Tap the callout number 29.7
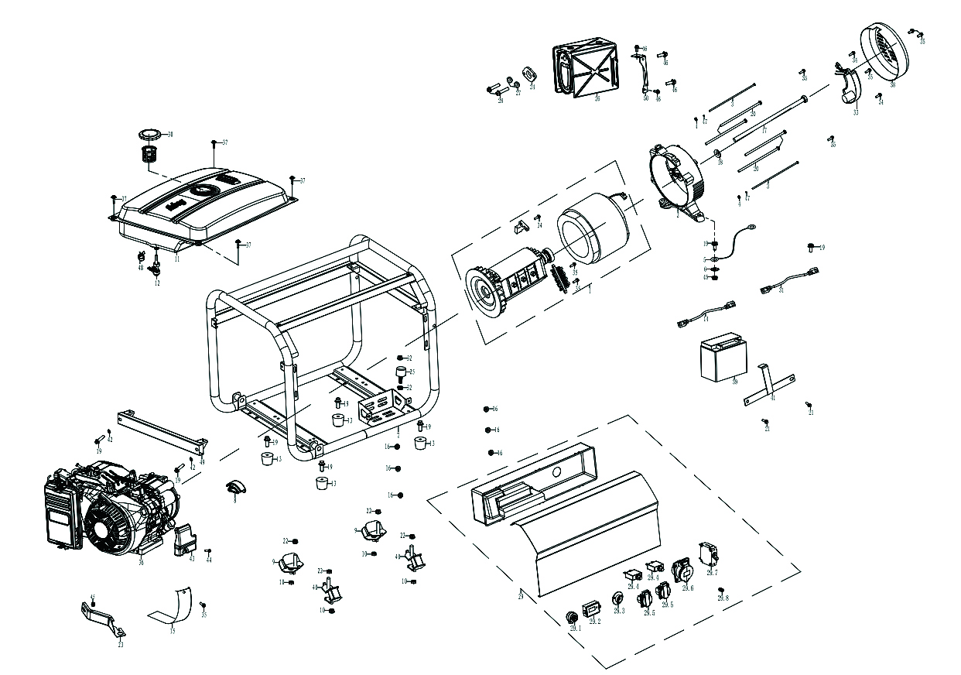click(712, 573)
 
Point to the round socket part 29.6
click(684, 571)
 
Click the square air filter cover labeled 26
click(587, 69)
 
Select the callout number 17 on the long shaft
click(764, 132)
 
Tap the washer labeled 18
click(717, 152)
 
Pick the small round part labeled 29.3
click(618, 600)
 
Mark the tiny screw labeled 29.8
click(721, 590)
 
